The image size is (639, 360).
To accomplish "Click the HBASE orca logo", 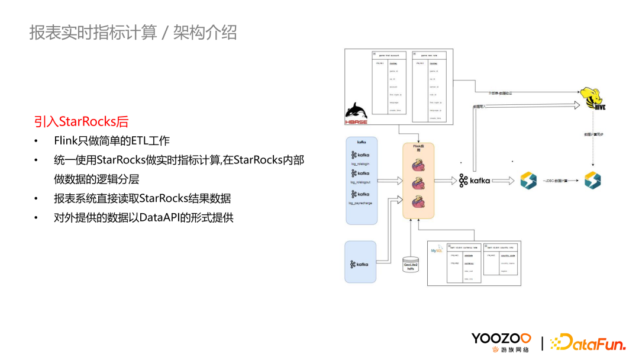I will (x=357, y=112).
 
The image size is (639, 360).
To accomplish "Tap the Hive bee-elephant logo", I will (x=591, y=98).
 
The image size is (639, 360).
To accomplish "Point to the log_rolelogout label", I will (x=360, y=182).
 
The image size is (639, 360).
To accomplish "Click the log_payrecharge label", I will (x=360, y=202).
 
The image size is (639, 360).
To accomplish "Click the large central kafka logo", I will (x=475, y=181).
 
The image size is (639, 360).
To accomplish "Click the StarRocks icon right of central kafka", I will (x=528, y=181).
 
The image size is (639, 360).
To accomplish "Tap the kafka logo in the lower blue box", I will (x=360, y=264).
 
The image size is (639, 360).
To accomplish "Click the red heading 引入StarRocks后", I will (x=81, y=122).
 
